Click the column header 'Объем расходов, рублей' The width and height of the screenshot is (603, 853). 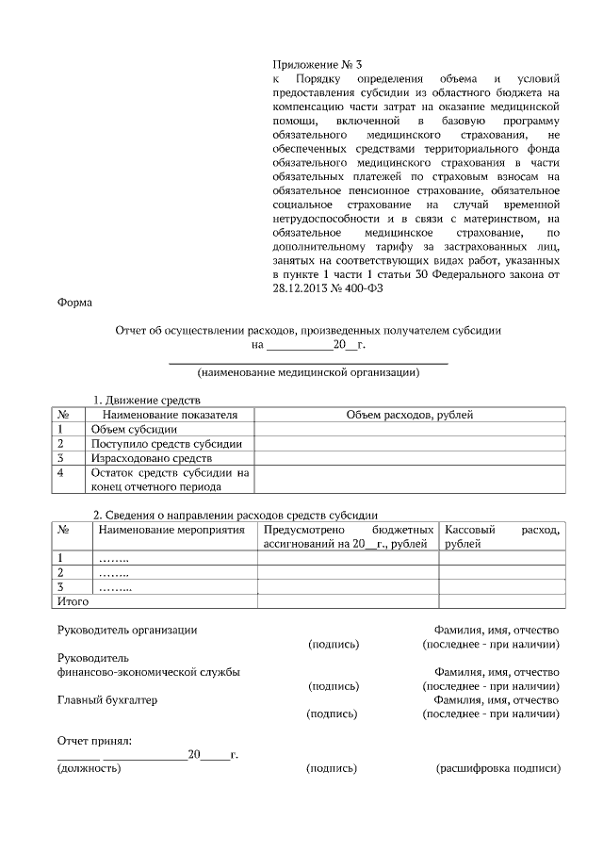409,415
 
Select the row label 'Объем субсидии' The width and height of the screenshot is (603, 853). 127,429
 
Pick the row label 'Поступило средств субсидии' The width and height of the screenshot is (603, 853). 166,443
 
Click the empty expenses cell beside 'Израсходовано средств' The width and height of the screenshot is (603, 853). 409,457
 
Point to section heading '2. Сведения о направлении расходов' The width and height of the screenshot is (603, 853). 235,516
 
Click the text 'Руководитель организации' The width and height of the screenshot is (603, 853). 127,630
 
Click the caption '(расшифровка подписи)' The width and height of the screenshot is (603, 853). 497,769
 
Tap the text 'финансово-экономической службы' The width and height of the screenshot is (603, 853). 148,672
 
